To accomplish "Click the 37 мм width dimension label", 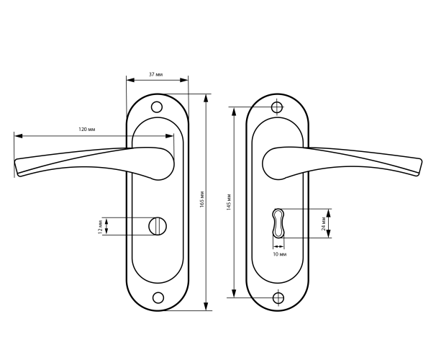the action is tap(155, 74).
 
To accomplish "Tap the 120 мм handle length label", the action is tap(87, 130).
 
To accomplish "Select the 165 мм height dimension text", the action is tap(202, 199).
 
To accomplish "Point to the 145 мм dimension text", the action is tap(229, 202).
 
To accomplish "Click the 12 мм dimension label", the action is tap(101, 226).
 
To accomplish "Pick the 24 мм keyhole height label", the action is tap(324, 224).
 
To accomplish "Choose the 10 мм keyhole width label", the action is tap(280, 254).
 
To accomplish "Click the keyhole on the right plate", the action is tap(278, 223).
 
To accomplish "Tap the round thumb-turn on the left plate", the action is tap(158, 226).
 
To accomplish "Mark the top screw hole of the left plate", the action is tap(157, 107).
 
